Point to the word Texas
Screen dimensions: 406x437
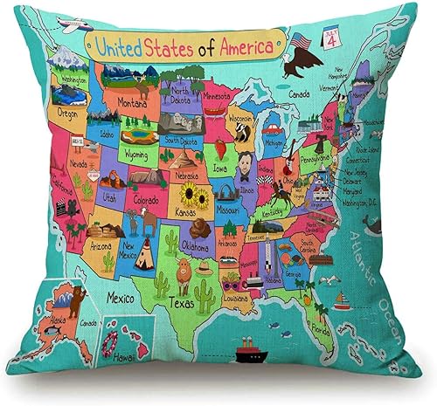click(x=182, y=305)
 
